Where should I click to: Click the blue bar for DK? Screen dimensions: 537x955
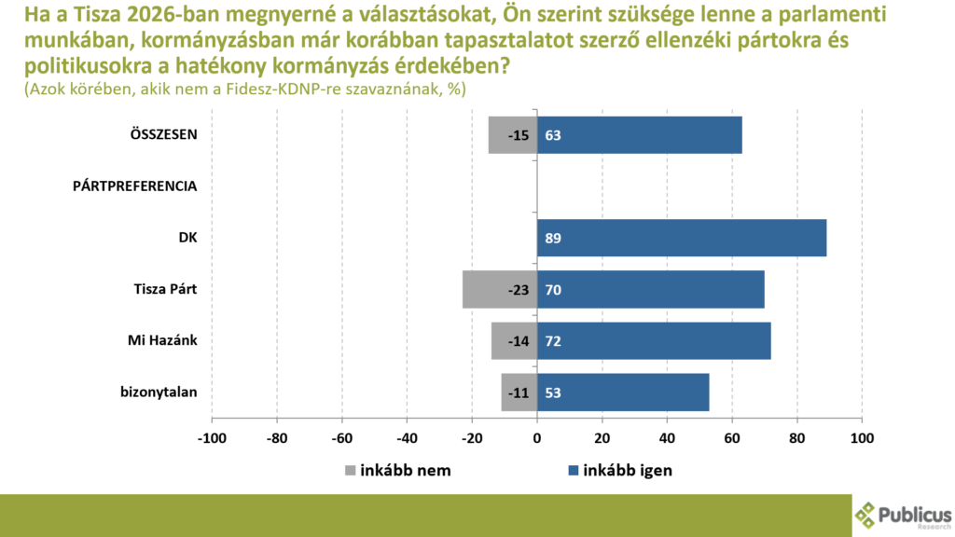point(682,238)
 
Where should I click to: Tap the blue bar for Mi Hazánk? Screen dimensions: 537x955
point(654,340)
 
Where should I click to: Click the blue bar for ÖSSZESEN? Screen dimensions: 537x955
point(640,135)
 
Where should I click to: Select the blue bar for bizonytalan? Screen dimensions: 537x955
point(623,392)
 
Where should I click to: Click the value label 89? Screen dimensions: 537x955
point(553,239)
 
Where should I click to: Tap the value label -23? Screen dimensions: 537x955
point(519,290)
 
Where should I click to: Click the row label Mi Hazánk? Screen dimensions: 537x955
point(162,340)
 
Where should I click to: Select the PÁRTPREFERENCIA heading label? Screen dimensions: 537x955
point(135,186)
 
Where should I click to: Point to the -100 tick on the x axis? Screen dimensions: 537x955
point(212,436)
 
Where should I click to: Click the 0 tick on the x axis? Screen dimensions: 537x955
point(537,436)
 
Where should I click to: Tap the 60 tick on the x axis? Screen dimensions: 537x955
point(732,436)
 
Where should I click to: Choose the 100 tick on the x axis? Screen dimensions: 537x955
point(862,436)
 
